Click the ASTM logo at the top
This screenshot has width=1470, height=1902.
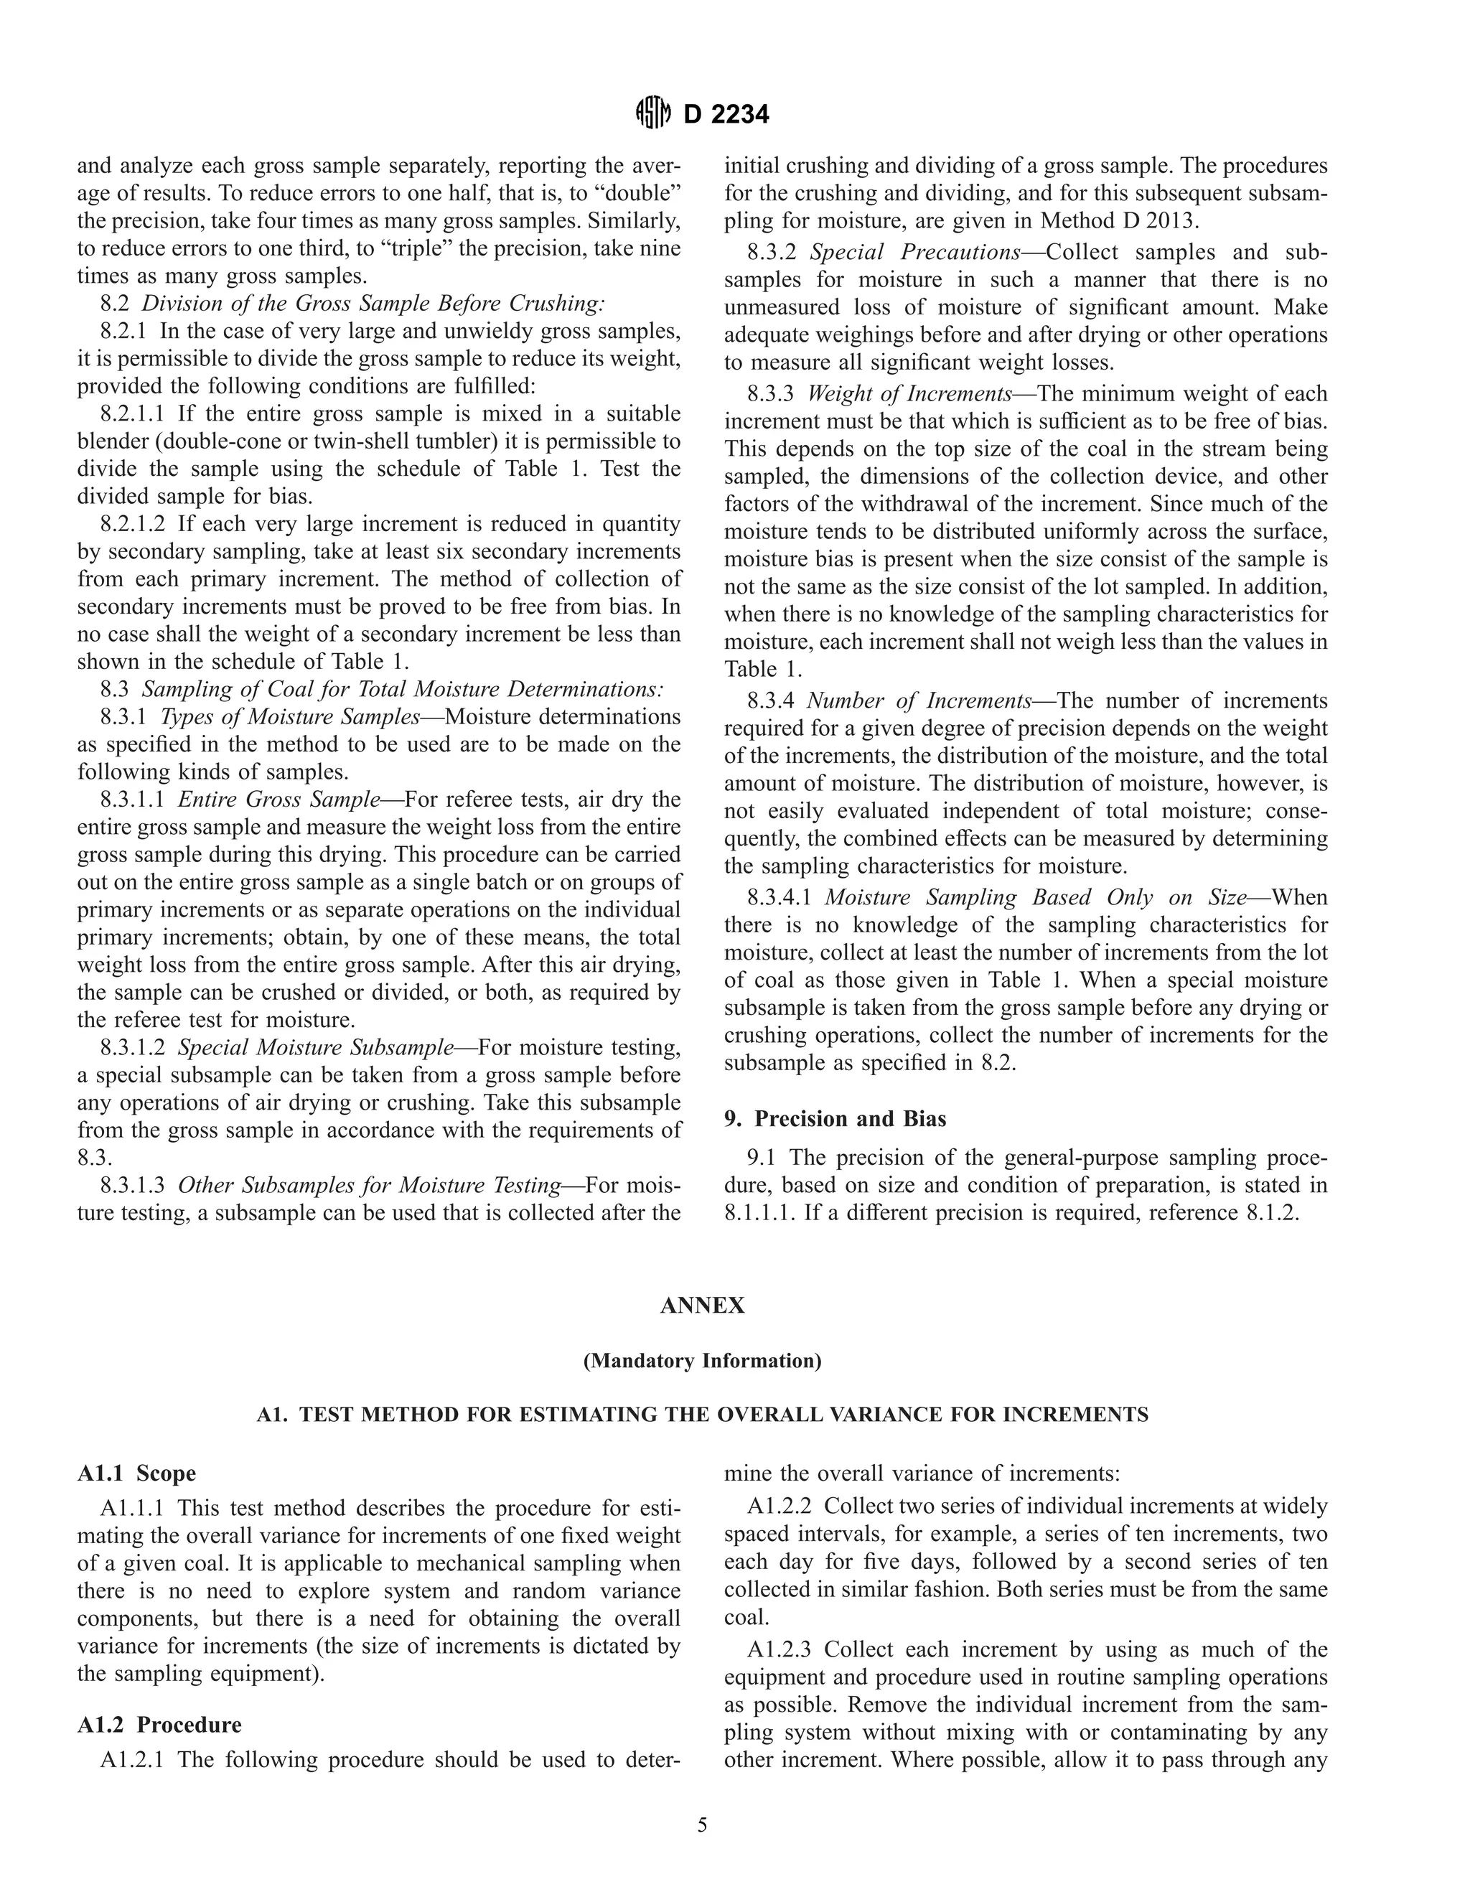pos(654,113)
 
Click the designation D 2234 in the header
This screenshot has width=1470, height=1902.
pos(726,114)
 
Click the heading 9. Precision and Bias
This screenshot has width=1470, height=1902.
pos(835,1118)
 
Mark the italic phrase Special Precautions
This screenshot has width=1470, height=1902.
pos(914,252)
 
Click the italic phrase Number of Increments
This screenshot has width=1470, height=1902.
pos(919,701)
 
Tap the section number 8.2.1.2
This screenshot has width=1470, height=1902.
pos(132,523)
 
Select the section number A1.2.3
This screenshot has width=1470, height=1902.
pos(779,1649)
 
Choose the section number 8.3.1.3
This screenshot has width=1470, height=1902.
pos(132,1184)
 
